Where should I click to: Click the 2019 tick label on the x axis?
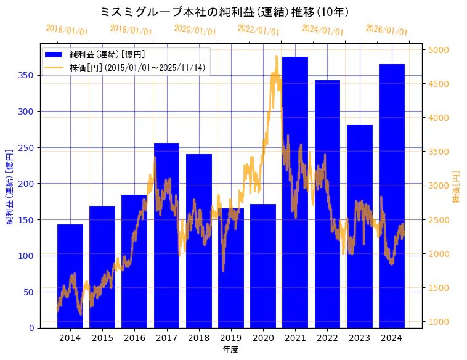click(231, 338)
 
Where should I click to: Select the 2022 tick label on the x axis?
click(327, 338)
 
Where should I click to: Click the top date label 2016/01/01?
click(67, 30)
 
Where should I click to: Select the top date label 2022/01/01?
click(259, 30)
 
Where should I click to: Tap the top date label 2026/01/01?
click(387, 30)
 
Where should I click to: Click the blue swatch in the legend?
click(55, 55)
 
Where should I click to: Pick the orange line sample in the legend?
click(55, 67)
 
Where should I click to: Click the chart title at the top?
click(233, 12)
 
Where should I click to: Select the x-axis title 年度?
click(231, 350)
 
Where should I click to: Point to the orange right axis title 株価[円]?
click(457, 187)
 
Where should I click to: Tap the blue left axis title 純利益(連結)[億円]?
click(10, 186)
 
